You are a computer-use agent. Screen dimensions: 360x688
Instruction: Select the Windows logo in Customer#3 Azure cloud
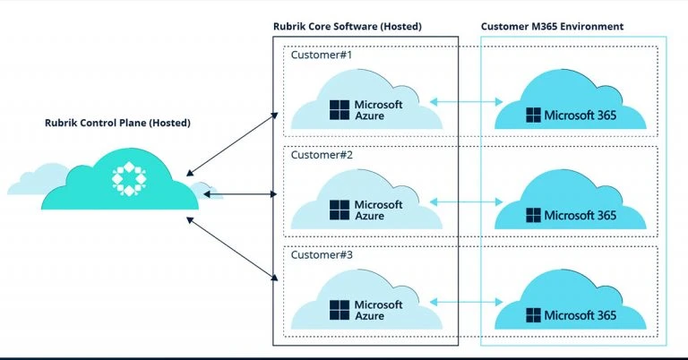coord(340,310)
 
